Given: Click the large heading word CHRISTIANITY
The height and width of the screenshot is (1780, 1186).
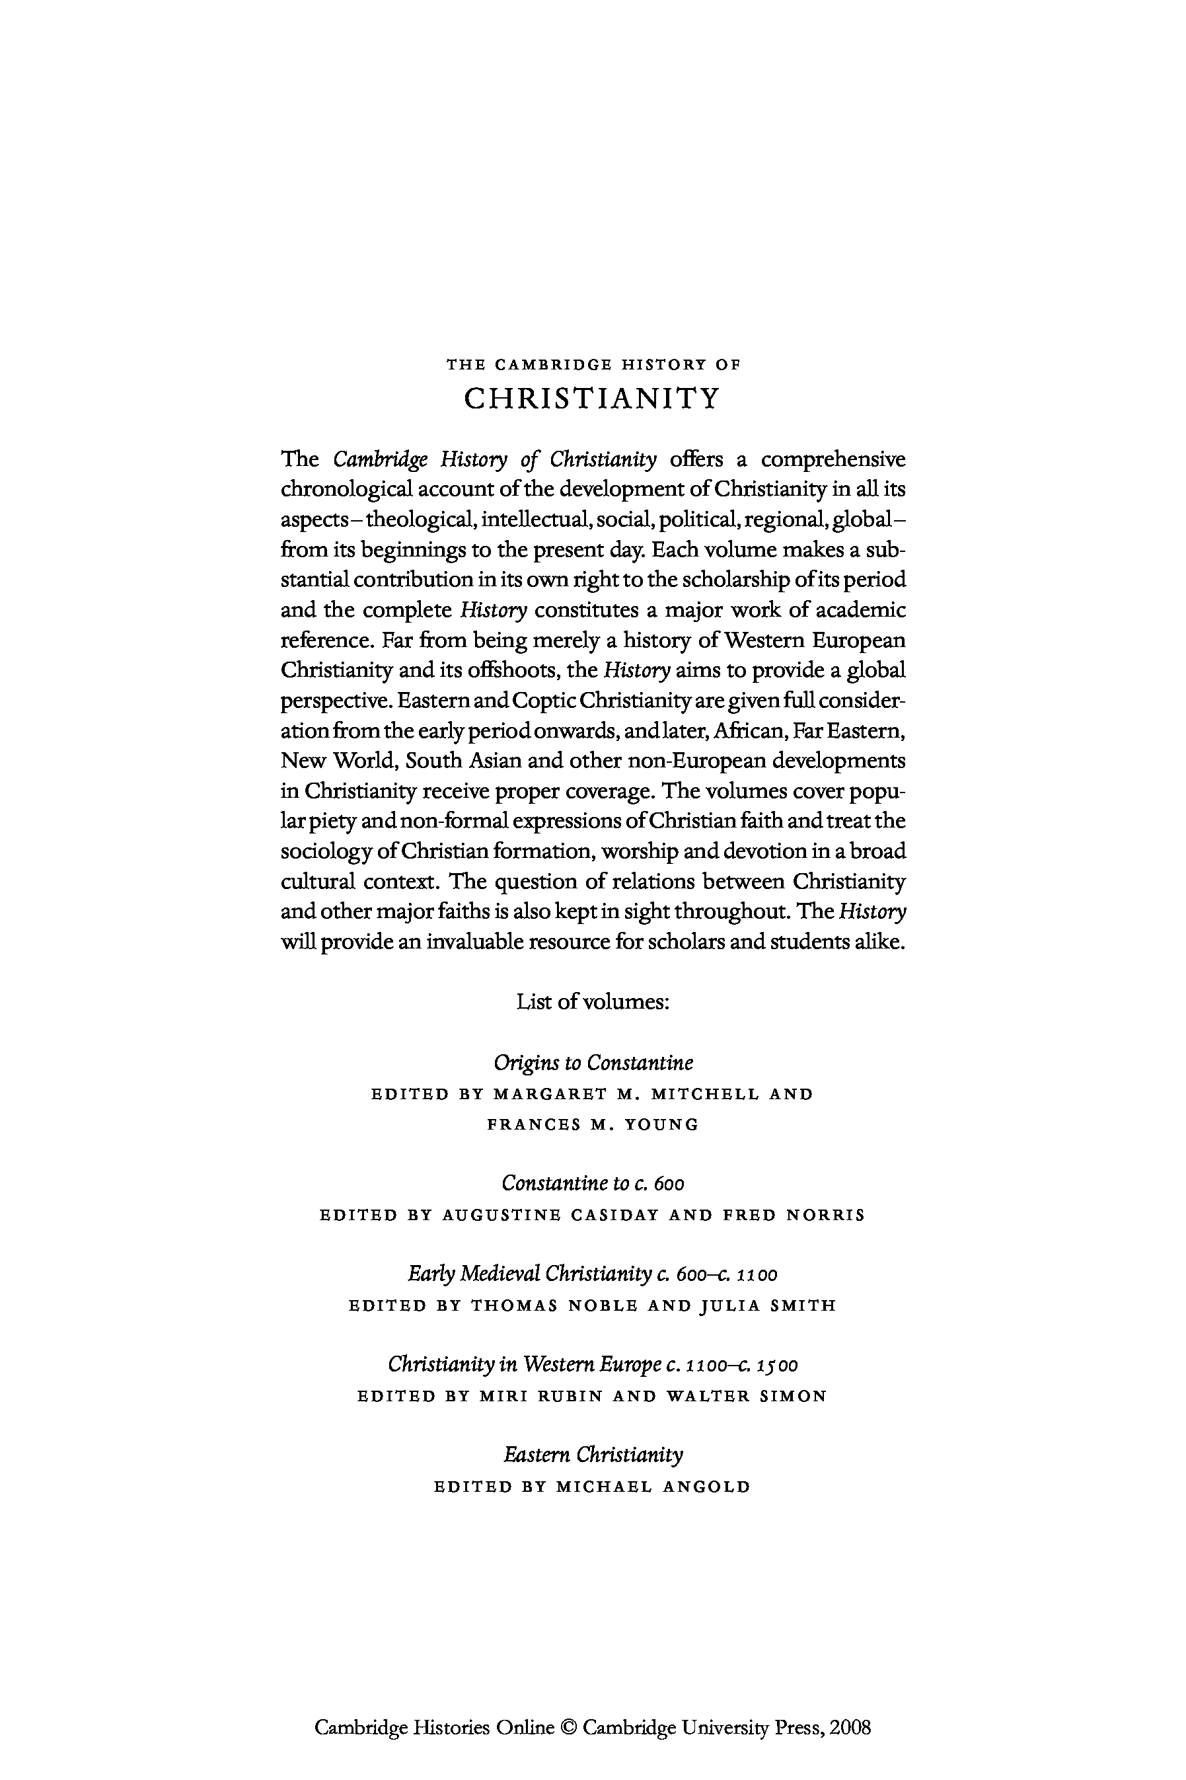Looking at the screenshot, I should coord(592,398).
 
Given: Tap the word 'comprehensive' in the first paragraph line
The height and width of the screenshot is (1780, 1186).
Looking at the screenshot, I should coord(833,460).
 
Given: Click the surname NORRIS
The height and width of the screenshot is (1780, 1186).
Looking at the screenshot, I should coord(825,1215).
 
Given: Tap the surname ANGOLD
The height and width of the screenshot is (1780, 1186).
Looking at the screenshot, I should coord(706,1487).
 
